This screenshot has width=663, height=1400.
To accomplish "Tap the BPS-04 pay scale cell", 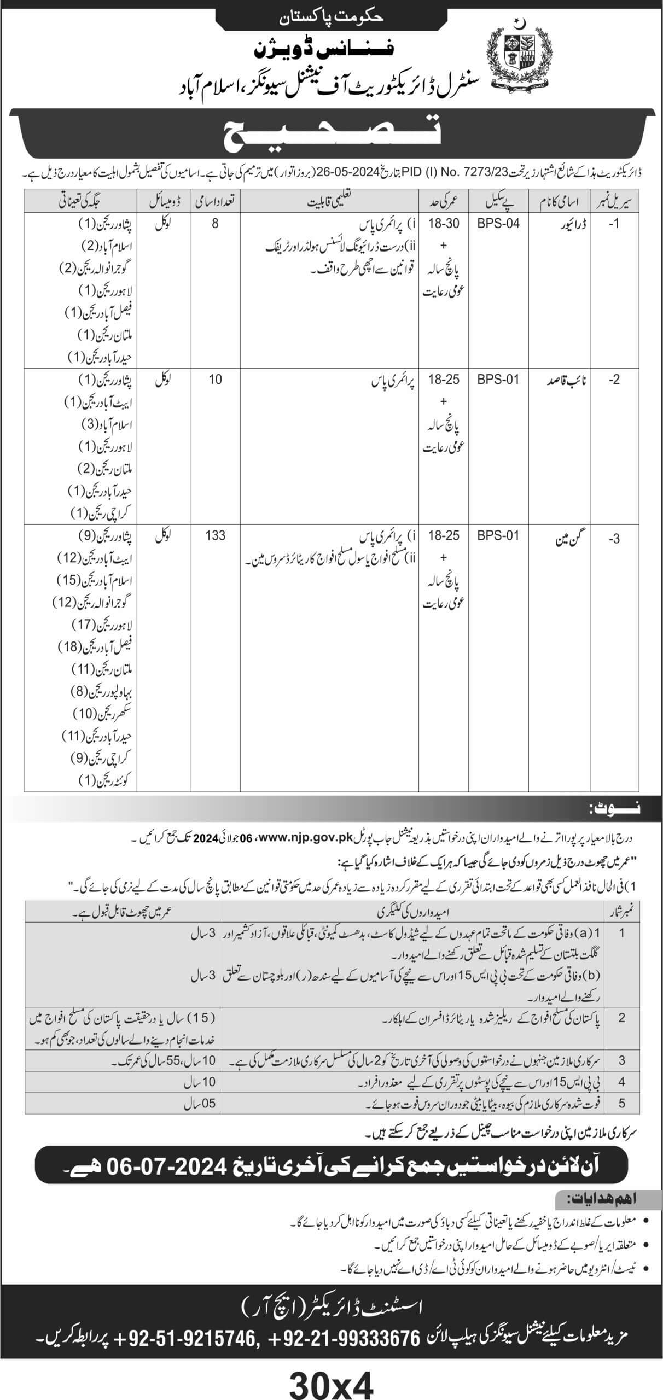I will point(498,223).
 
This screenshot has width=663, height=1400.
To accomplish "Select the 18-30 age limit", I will point(444,223).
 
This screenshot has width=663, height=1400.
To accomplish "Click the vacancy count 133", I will point(215,535).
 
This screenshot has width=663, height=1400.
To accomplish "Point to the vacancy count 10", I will point(215,379).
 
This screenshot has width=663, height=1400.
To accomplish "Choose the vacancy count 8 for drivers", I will point(215,223).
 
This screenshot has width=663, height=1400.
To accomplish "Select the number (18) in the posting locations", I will point(69,646).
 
